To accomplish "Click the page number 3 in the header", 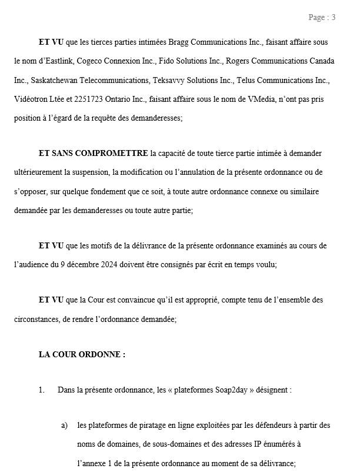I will (334, 17).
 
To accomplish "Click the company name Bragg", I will (180, 42).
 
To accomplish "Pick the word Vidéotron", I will (31, 99).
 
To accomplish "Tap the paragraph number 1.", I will (41, 390).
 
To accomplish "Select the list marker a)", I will (64, 426).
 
